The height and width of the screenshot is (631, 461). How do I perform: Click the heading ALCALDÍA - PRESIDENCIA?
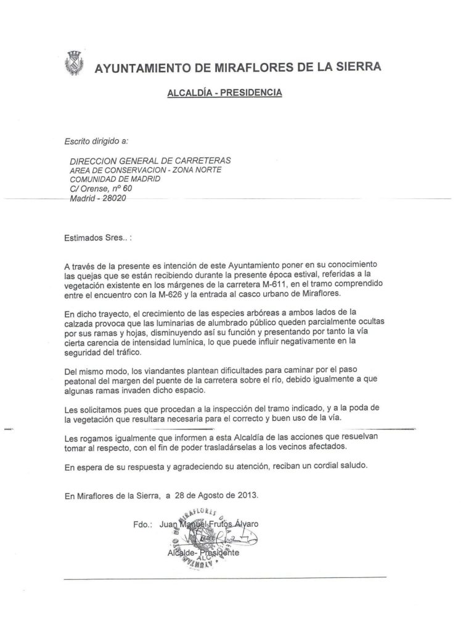[x=224, y=93]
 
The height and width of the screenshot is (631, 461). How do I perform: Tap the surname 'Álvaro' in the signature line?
[x=242, y=524]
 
